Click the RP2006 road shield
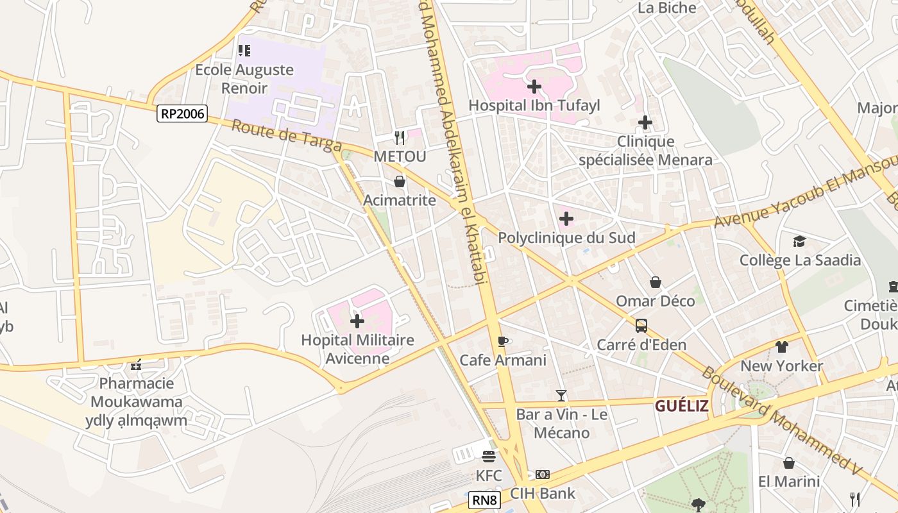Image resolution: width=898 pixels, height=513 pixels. tap(182, 114)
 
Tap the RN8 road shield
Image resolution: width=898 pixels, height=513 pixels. tap(484, 500)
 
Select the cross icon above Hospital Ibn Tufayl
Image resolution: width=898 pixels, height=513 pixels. tap(534, 86)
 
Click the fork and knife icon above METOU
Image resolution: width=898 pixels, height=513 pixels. tap(400, 137)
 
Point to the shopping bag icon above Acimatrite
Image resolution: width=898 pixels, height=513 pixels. tap(400, 181)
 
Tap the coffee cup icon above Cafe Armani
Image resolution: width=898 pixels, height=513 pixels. tap(503, 341)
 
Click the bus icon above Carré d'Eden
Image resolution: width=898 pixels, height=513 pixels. tap(641, 326)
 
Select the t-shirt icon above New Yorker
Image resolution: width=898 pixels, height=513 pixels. tap(781, 347)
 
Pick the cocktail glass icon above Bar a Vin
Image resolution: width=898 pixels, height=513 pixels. tap(561, 396)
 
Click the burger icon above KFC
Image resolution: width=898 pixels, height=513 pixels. tap(489, 457)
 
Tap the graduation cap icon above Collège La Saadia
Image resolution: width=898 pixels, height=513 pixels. tap(799, 241)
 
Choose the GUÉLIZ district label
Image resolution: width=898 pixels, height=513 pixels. tap(681, 405)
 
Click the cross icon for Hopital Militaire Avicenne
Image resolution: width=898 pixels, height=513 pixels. tap(357, 321)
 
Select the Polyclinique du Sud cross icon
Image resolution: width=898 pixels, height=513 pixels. tap(566, 219)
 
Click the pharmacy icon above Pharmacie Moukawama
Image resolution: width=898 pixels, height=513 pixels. tap(135, 365)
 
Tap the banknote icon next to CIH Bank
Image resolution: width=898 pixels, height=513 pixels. tap(543, 475)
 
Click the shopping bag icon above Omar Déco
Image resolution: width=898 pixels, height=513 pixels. tap(656, 282)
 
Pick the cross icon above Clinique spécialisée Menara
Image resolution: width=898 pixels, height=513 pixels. tap(645, 122)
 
